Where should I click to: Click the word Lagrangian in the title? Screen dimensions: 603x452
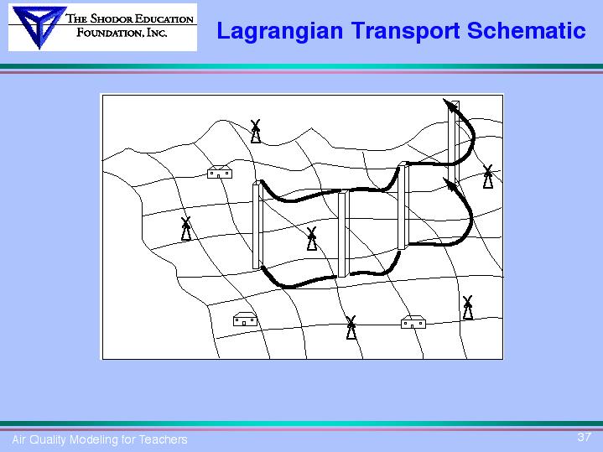click(279, 32)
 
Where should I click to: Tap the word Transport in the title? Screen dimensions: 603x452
click(405, 32)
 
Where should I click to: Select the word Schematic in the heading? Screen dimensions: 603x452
click(527, 30)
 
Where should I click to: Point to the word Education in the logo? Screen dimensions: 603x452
click(164, 18)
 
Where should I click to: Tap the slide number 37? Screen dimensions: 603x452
click(584, 437)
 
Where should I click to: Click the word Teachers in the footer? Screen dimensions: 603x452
click(163, 439)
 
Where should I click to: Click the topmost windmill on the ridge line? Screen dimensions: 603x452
click(256, 131)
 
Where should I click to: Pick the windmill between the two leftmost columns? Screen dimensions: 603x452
click(312, 238)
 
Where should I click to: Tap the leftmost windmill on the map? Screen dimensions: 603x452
click(186, 229)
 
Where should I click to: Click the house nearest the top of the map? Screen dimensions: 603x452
click(220, 172)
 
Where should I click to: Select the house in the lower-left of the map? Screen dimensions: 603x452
click(245, 319)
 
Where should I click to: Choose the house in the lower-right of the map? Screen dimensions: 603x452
click(413, 322)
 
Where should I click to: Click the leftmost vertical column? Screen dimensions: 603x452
click(257, 225)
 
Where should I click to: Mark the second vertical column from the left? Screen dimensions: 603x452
click(343, 233)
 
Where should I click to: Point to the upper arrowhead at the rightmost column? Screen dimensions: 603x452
click(450, 105)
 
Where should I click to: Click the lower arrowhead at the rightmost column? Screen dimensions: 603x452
click(450, 184)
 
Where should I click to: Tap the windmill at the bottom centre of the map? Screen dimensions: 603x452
click(351, 327)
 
